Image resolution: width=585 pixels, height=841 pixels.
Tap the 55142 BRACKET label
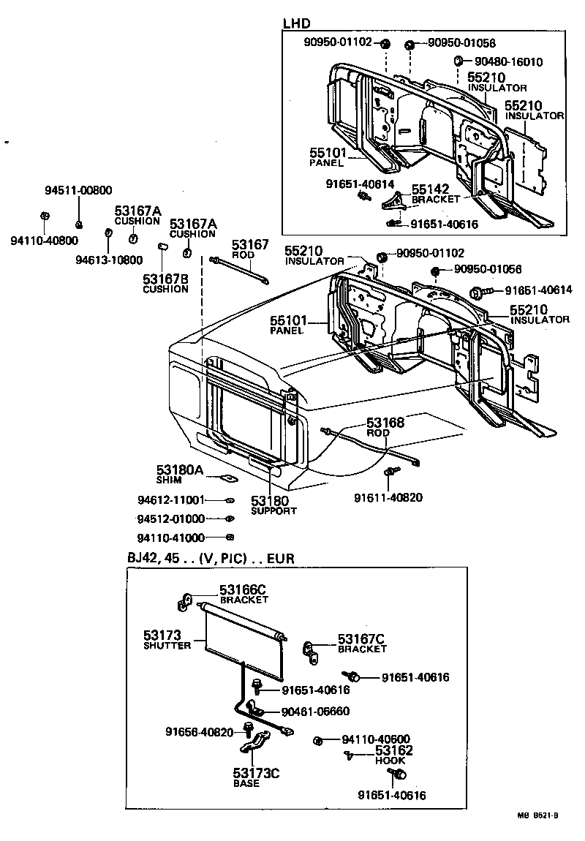436,193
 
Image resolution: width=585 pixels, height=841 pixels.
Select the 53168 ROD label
385,427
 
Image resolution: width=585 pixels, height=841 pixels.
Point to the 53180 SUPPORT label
273,505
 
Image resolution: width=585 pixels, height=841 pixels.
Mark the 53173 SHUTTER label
167,639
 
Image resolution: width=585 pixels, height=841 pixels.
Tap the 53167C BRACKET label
362,644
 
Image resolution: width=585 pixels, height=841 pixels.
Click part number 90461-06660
316,712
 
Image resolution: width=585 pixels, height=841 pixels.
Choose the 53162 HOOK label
394,755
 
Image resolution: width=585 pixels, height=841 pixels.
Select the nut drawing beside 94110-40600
318,741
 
